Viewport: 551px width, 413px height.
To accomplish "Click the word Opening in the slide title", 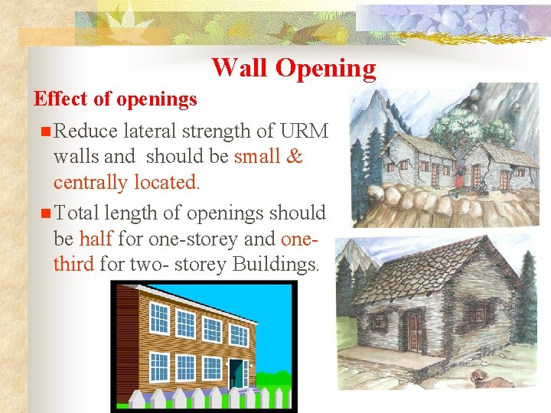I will coord(325,68).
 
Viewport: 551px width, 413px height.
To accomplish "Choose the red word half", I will coord(96,239).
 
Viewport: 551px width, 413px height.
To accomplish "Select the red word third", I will coord(73,264).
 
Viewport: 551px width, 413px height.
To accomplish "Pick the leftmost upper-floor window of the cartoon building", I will coord(159,317).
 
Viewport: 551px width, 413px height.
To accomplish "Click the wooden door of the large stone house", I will coord(414,330).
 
